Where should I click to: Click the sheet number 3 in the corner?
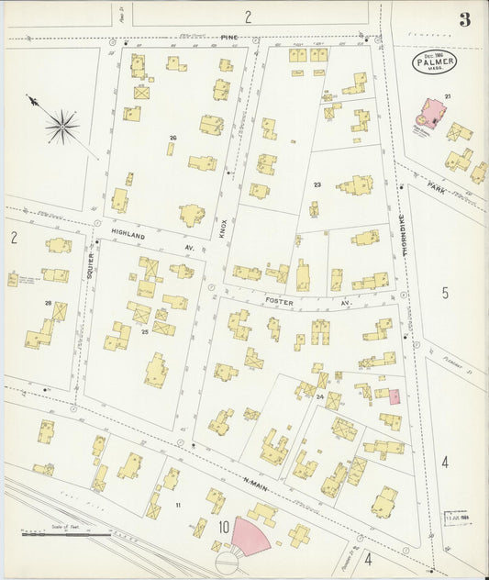coord(465,19)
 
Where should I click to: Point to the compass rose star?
coord(61,126)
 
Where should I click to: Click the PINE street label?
coord(228,38)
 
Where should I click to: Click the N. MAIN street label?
coord(255,481)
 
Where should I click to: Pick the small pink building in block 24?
coord(395,396)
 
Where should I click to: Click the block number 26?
coord(172,139)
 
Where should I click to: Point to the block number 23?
coord(317,185)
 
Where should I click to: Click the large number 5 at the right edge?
coord(445,294)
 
